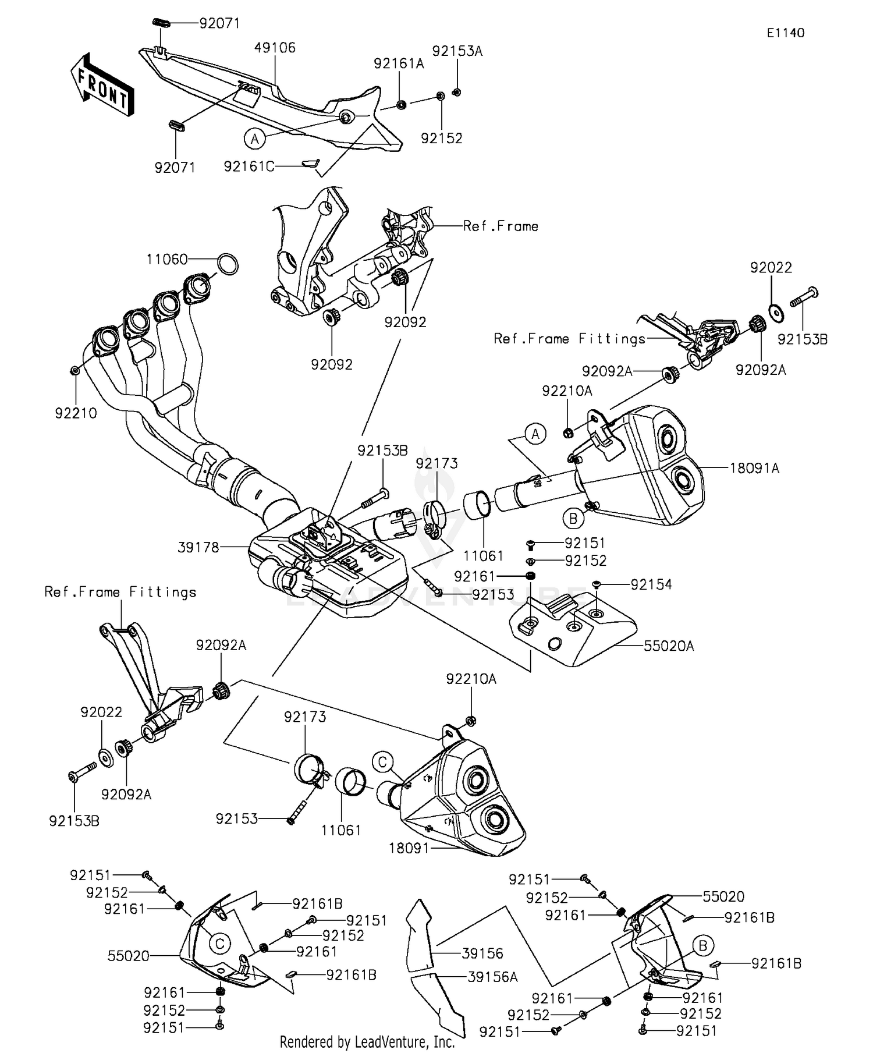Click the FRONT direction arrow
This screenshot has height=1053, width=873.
click(102, 86)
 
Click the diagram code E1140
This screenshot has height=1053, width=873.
click(785, 33)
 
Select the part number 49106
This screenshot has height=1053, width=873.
click(275, 48)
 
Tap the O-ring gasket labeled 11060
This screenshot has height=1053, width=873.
click(228, 264)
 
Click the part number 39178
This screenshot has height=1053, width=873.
click(198, 547)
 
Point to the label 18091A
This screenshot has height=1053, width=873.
click(754, 467)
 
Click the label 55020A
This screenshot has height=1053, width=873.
click(669, 646)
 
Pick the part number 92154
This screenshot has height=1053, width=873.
click(651, 584)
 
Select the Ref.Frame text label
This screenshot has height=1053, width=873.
click(501, 226)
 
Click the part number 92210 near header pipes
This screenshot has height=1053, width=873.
click(76, 413)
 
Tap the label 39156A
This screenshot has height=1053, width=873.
click(492, 977)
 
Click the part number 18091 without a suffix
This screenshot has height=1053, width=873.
click(409, 848)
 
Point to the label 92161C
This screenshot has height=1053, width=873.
click(249, 166)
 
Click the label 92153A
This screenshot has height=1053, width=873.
click(457, 51)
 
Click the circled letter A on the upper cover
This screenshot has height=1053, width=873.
click(254, 139)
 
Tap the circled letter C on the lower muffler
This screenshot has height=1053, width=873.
click(382, 762)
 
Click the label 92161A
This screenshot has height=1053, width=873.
click(399, 63)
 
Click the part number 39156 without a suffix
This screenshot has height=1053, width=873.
click(482, 953)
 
